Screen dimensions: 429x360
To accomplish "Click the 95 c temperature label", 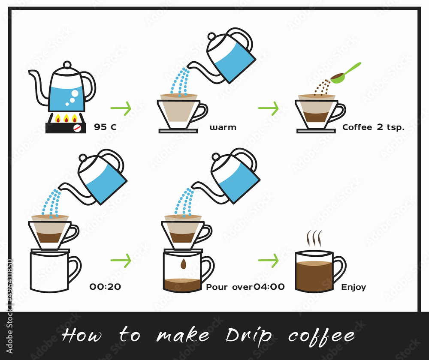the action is click(x=105, y=127).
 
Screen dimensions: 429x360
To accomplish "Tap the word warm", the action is click(x=223, y=127).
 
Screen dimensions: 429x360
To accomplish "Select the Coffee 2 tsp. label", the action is click(x=373, y=127).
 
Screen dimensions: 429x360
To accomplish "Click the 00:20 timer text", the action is click(x=105, y=286).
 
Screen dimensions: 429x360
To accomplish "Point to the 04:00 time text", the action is click(x=269, y=286).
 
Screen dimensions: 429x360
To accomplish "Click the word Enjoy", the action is click(x=353, y=287).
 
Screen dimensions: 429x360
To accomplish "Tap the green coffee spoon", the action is click(x=345, y=73).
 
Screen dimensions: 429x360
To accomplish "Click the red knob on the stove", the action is click(x=77, y=128).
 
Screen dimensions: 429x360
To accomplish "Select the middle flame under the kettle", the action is click(x=66, y=118).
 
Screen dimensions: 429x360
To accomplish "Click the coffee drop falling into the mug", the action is click(x=183, y=264).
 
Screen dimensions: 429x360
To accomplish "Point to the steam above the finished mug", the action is click(x=314, y=238).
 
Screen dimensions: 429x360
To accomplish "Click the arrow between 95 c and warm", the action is click(x=121, y=108).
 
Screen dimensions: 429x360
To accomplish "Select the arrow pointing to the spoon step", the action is click(x=269, y=108).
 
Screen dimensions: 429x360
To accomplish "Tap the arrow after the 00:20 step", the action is click(x=121, y=260).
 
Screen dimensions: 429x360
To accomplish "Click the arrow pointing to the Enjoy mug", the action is click(x=269, y=260).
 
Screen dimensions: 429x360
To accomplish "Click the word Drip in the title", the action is click(x=248, y=336).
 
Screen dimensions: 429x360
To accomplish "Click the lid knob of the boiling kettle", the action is click(x=67, y=65).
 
